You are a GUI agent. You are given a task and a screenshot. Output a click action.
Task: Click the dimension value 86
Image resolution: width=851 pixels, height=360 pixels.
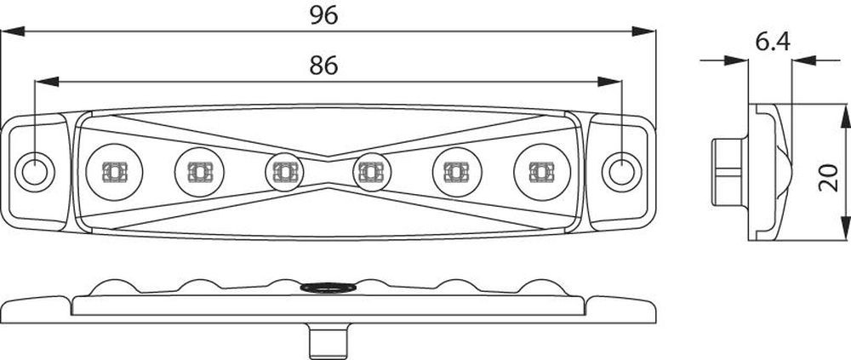324,66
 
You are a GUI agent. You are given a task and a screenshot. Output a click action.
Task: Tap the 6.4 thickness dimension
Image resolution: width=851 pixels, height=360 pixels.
773,42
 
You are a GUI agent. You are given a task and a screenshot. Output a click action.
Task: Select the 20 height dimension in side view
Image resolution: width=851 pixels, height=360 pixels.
828,178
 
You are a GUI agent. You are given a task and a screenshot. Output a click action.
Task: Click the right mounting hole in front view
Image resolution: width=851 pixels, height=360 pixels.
622,172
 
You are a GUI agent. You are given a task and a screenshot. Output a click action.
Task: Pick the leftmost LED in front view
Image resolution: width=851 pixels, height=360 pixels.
114,172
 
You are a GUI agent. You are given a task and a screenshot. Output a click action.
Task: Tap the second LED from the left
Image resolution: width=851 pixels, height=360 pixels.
199,172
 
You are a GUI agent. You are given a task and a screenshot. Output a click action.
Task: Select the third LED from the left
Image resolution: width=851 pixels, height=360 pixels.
284,172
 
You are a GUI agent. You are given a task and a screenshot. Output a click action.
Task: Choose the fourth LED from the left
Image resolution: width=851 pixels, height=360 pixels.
372,172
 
